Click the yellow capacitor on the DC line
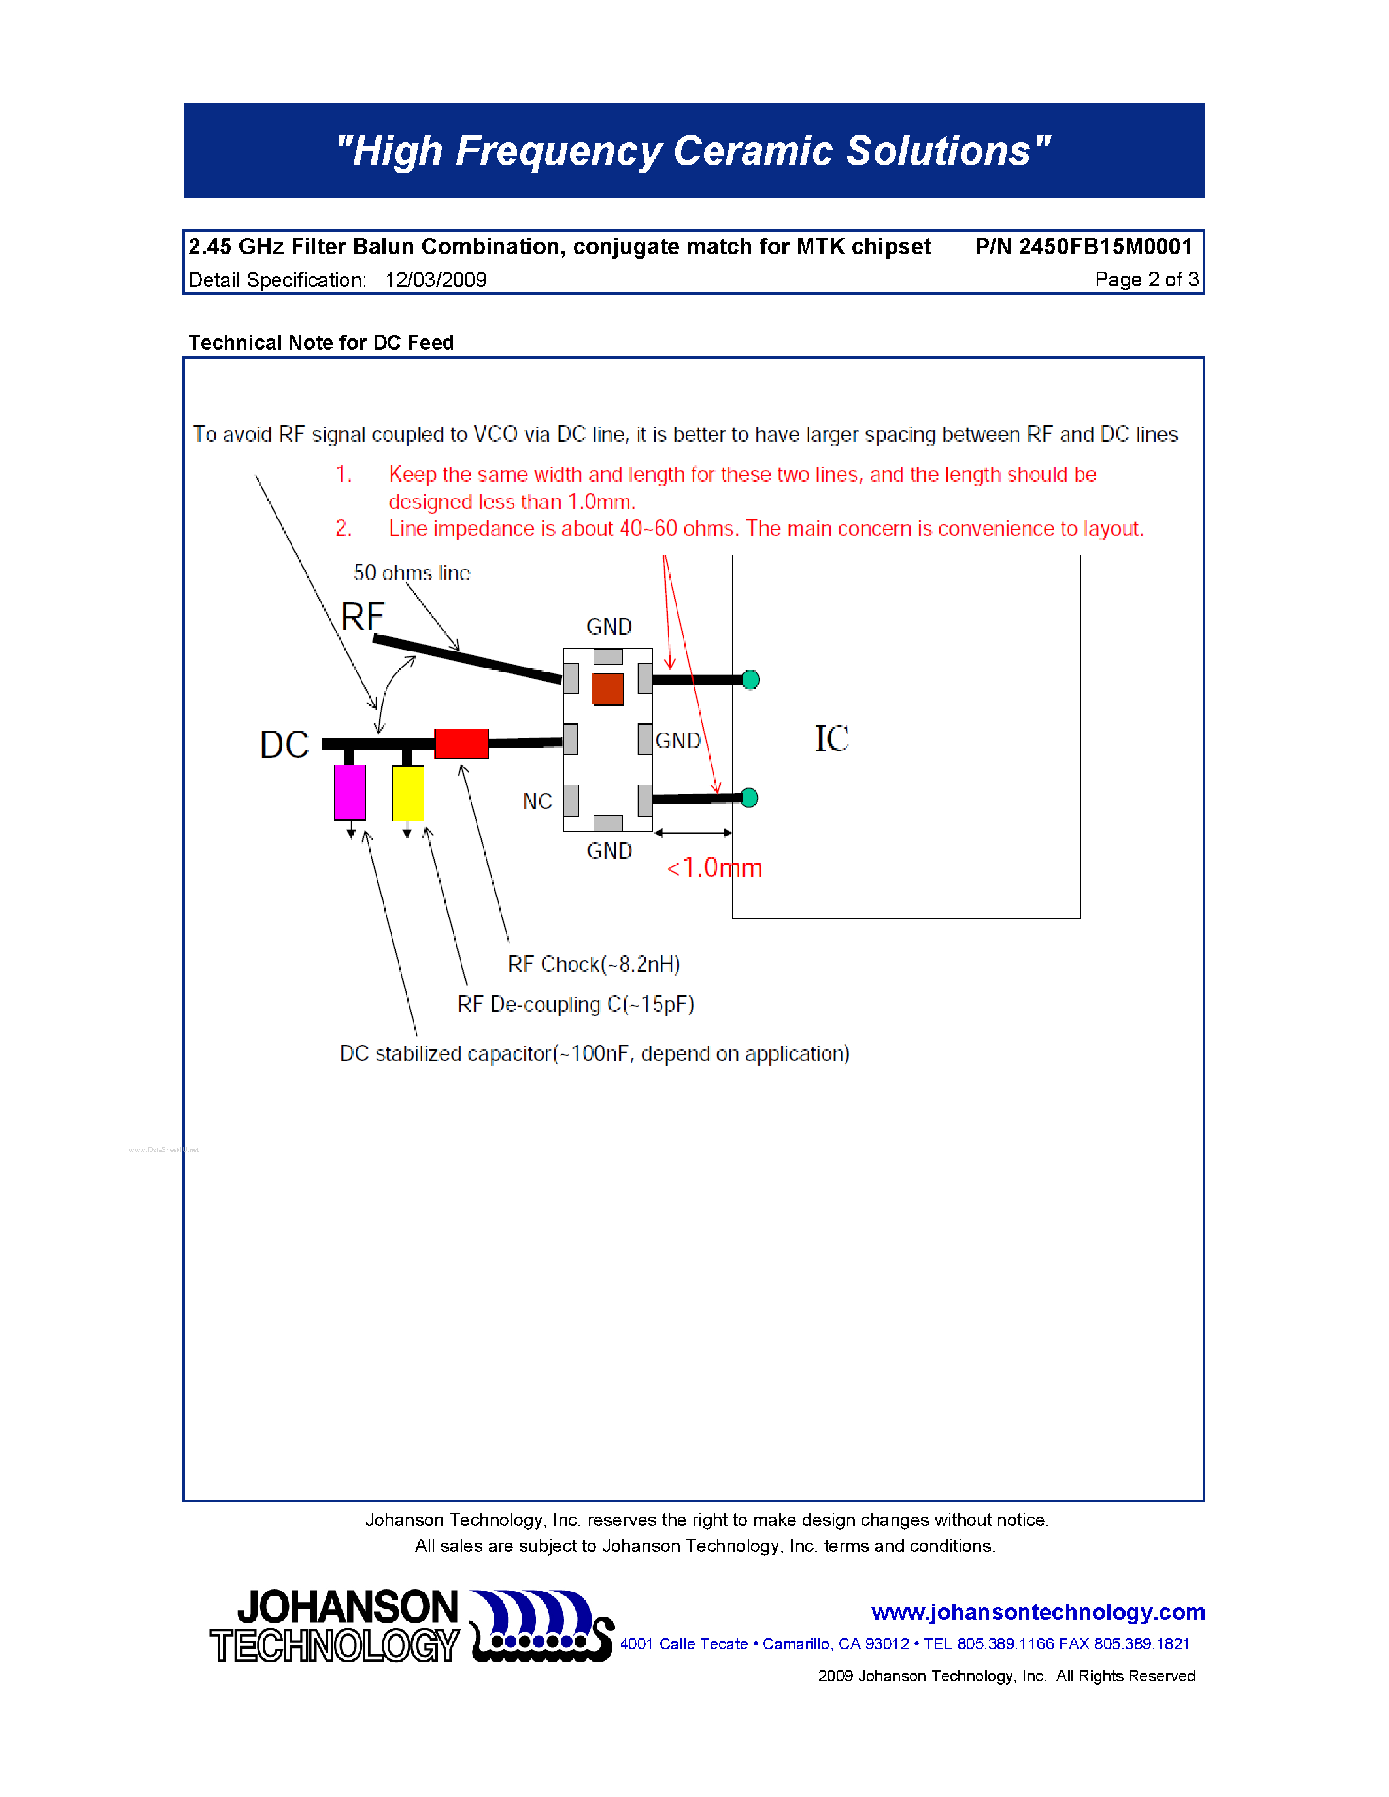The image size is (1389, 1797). coord(408,793)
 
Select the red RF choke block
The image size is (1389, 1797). coord(461,743)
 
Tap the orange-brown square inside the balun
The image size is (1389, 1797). coord(608,689)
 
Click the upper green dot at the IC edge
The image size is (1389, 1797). coord(750,680)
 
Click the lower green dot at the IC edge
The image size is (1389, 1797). coord(750,798)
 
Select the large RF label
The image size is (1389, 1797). coord(363,616)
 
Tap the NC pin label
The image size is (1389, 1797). coord(537,801)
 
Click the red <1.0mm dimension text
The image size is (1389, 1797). coord(714,868)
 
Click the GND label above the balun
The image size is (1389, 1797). coord(609,627)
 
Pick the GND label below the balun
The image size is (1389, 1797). coord(609,851)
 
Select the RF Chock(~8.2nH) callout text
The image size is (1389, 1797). coord(594,964)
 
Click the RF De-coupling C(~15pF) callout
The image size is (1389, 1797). coord(575,1004)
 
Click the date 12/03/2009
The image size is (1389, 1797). coord(436,280)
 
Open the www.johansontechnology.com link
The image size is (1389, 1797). coord(1037,1612)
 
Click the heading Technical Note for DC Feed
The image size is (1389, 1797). coord(321,342)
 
